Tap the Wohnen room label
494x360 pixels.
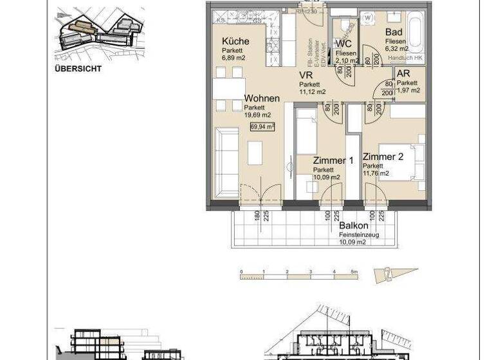tap(262, 98)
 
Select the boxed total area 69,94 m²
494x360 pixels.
tap(262, 127)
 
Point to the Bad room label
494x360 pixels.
tap(394, 33)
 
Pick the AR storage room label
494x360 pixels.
tap(403, 75)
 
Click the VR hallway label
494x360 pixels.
tap(306, 75)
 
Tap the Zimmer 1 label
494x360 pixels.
tap(333, 161)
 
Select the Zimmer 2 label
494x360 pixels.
tap(383, 157)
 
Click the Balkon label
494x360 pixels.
tap(354, 226)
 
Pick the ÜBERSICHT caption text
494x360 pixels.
tap(78, 68)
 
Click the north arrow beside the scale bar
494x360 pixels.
tap(395, 274)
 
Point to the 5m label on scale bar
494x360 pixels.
tap(354, 272)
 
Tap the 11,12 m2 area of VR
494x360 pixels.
tap(312, 92)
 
